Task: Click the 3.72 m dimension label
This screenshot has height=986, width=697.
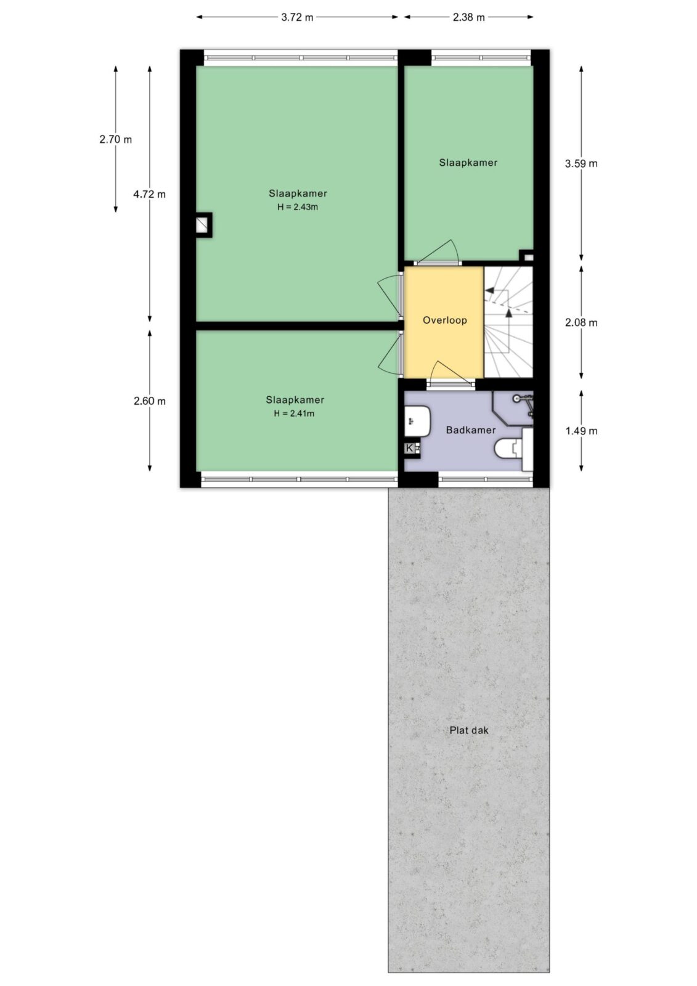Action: pos(297,17)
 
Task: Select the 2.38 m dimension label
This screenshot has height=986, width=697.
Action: pos(468,17)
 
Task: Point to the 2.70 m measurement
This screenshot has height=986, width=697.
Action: pos(115,139)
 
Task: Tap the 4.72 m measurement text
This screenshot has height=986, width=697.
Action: pos(149,194)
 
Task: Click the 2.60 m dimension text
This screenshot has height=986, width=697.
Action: pos(150,401)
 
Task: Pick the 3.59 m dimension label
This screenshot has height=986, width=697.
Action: pos(581,164)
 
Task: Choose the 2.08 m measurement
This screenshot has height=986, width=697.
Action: pos(581,323)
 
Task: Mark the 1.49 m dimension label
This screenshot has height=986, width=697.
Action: pos(581,431)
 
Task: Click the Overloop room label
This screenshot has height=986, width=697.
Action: pos(445,320)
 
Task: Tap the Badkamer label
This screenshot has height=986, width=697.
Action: pos(471,430)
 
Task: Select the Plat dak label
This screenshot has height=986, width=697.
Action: pos(469,730)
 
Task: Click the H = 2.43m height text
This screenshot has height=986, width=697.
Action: pos(298,207)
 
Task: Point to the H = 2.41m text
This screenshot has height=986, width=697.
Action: pos(294,414)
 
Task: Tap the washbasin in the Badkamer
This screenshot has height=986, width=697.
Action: pos(417,422)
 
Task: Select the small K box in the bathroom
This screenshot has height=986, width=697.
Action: pos(409,448)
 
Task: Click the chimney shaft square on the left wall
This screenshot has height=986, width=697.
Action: pos(203,226)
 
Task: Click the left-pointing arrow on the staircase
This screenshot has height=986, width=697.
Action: pos(496,290)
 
